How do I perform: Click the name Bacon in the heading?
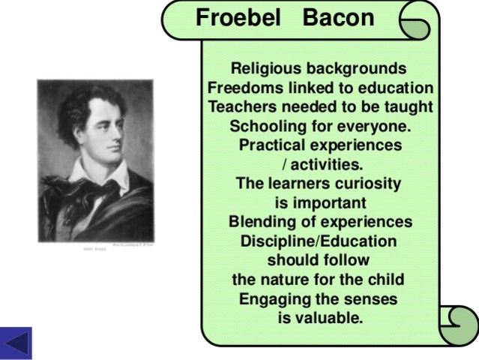pyautogui.click(x=338, y=18)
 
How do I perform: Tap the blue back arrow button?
pyautogui.click(x=16, y=343)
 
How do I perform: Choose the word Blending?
pyautogui.click(x=262, y=223)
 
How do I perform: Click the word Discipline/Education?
pyautogui.click(x=318, y=241)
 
